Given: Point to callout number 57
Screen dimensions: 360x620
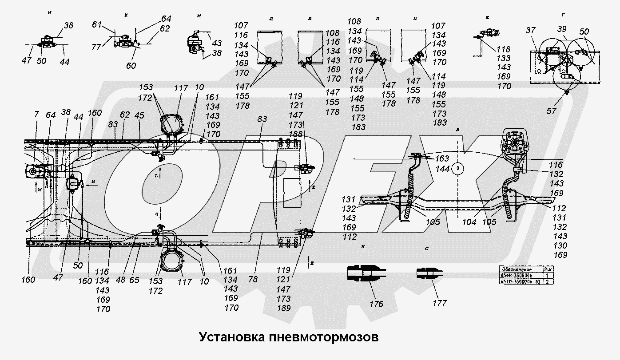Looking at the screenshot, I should [x=551, y=111].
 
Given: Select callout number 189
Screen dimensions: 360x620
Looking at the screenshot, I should [x=283, y=308].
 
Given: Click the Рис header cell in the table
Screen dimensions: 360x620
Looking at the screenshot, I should [x=548, y=269].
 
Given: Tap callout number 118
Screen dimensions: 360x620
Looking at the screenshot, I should [x=504, y=49].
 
